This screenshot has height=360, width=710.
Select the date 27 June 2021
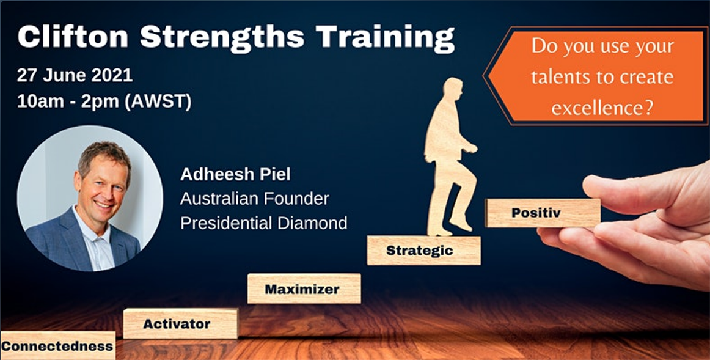[75, 75]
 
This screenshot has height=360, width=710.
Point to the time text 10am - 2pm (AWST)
[104, 101]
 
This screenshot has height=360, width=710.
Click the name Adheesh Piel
[235, 174]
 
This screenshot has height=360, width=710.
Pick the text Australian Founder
[254, 199]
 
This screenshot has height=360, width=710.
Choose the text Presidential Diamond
[263, 222]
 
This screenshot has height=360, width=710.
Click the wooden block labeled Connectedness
[57, 345]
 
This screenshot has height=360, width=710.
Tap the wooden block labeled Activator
[180, 323]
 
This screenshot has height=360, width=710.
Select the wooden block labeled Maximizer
[304, 288]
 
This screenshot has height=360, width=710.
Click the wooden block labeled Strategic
[423, 250]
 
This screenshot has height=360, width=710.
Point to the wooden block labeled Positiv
[543, 213]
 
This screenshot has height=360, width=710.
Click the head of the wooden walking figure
[452, 91]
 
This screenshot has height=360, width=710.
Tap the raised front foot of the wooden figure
[461, 223]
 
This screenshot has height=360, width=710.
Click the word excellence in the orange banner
[602, 108]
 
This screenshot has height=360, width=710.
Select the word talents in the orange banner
[560, 77]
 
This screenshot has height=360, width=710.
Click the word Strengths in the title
[222, 38]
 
